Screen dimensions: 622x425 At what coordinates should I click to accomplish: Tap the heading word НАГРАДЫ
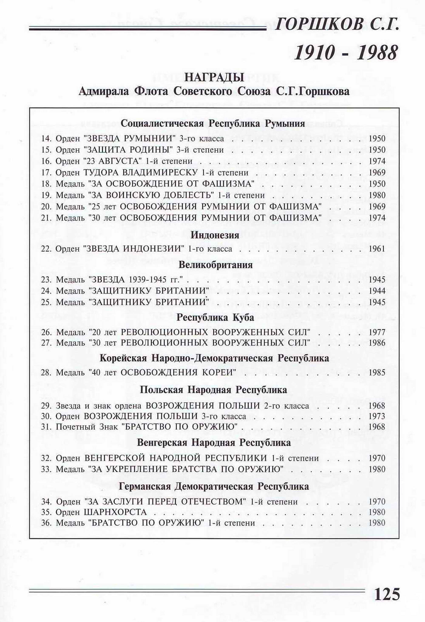(214, 78)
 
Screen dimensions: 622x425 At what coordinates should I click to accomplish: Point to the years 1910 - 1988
(345, 53)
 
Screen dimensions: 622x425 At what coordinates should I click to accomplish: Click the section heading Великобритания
(215, 265)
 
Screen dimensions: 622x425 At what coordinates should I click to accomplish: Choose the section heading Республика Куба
(215, 318)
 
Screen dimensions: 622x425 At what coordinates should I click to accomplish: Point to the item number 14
(46, 139)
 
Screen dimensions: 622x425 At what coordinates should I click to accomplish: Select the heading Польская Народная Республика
(213, 390)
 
